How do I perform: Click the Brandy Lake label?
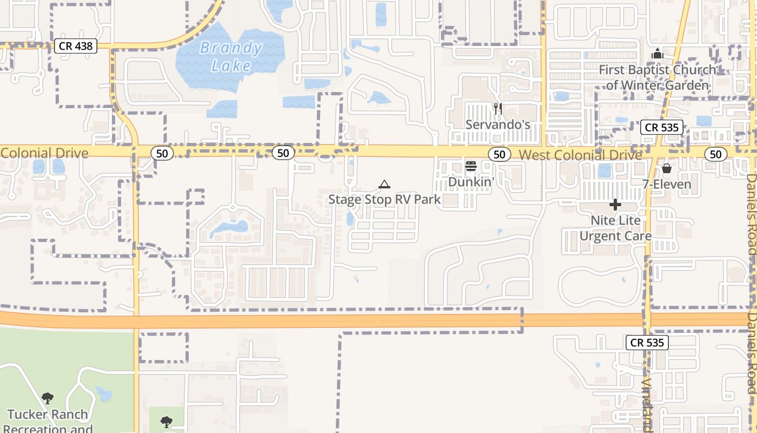[x=231, y=57]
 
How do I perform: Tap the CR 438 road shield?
[x=76, y=46]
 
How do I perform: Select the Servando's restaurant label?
[x=497, y=124]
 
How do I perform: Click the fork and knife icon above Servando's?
[x=497, y=109]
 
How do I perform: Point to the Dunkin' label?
[x=472, y=182]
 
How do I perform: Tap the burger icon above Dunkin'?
[x=470, y=167]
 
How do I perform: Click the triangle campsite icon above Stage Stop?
[x=384, y=185]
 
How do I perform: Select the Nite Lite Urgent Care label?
[x=615, y=228]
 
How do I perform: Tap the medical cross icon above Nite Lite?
[x=615, y=205]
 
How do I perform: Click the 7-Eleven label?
[x=667, y=185]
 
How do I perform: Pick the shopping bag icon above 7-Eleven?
[x=667, y=168]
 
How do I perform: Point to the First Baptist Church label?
[x=657, y=77]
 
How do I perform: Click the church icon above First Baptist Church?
[x=658, y=54]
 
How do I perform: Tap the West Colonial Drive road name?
[x=580, y=155]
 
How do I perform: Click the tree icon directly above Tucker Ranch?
[x=48, y=399]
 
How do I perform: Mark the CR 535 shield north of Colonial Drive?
[x=662, y=128]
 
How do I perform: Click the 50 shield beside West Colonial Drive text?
[x=499, y=155]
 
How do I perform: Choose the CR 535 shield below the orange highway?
[x=647, y=343]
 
